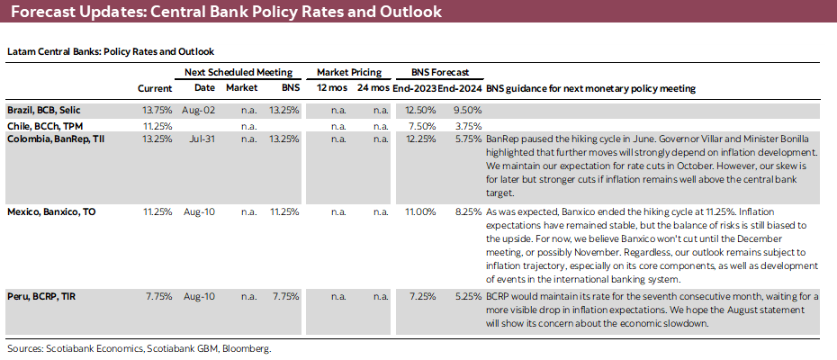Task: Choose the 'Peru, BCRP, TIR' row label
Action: (x=42, y=295)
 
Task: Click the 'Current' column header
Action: (x=154, y=89)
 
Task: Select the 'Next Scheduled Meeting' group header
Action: (x=238, y=71)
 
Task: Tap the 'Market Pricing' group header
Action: (x=349, y=71)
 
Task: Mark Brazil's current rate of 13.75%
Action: (x=157, y=110)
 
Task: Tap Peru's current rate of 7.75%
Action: (x=158, y=295)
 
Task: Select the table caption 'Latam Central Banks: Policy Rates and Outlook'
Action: (x=110, y=51)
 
